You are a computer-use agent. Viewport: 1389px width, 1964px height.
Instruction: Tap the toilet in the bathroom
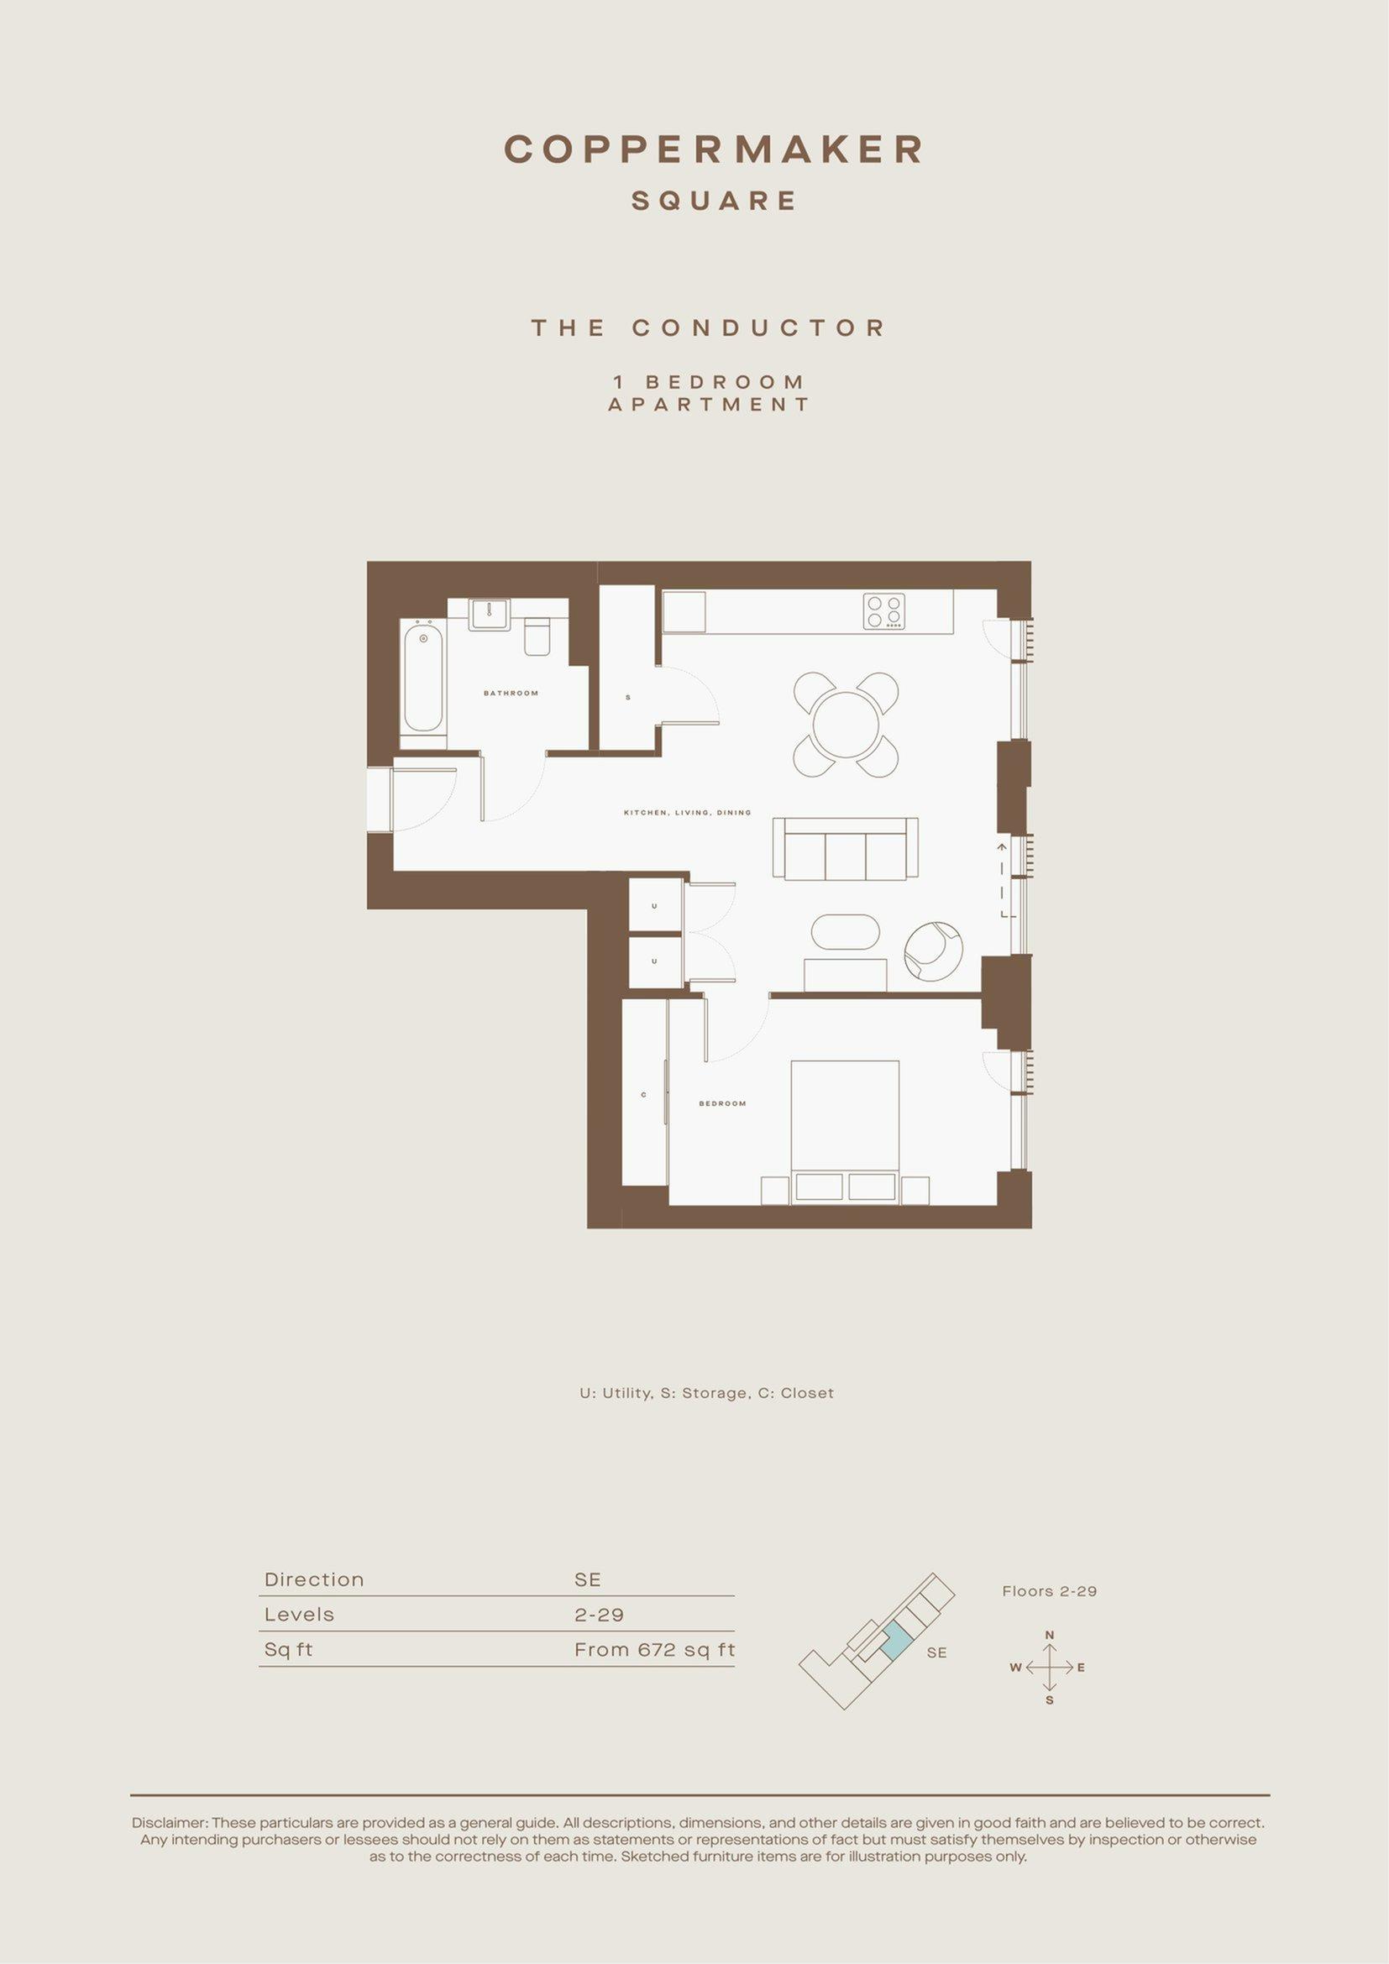tap(538, 637)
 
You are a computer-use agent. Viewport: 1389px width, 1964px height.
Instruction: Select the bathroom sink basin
tap(490, 615)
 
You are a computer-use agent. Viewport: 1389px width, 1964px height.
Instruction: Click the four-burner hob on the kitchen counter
tap(883, 611)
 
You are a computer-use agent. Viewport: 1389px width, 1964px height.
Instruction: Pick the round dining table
tap(846, 725)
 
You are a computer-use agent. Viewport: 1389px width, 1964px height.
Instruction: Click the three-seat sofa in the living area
tap(845, 848)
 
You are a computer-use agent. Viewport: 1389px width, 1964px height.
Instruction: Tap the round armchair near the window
tap(934, 951)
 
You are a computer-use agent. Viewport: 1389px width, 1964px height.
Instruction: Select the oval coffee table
tap(845, 931)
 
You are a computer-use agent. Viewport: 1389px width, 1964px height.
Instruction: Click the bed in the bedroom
tap(845, 1133)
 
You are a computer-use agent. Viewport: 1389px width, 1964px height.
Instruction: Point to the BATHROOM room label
tap(511, 693)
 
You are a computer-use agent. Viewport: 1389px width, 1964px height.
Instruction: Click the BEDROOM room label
tap(723, 1103)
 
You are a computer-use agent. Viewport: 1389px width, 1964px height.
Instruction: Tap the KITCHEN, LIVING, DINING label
tap(688, 813)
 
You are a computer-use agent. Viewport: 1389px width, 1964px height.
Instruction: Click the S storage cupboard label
tap(628, 698)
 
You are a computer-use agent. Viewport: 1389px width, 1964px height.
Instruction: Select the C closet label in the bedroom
tap(643, 1095)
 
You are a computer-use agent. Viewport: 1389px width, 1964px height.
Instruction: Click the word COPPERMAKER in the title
tap(714, 149)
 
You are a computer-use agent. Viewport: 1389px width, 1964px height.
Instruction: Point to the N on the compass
tap(1050, 1636)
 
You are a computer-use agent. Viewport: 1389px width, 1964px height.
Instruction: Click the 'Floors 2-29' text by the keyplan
tap(1050, 1591)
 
